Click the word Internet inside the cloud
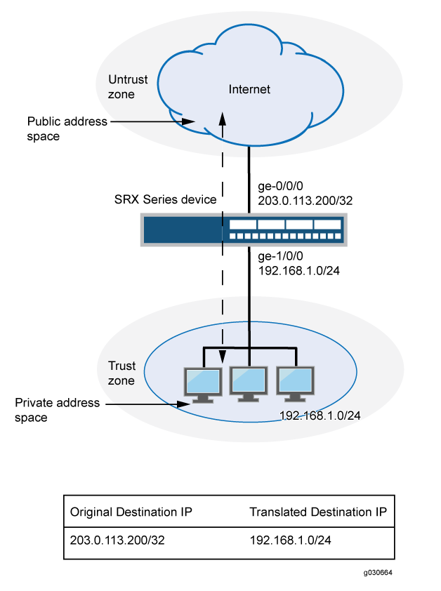coord(249,89)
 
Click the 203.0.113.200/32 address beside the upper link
coord(305,200)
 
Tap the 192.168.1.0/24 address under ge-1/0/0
coord(300,272)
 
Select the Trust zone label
coord(121,372)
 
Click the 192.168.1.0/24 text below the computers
coord(320,416)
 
